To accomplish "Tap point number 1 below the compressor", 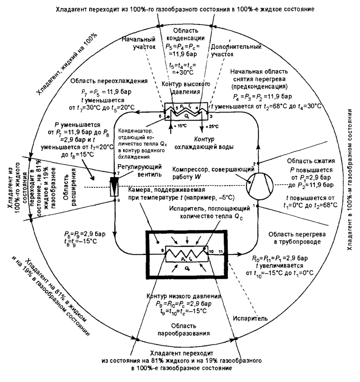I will (x=258, y=206).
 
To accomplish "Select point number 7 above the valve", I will (x=115, y=173).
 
